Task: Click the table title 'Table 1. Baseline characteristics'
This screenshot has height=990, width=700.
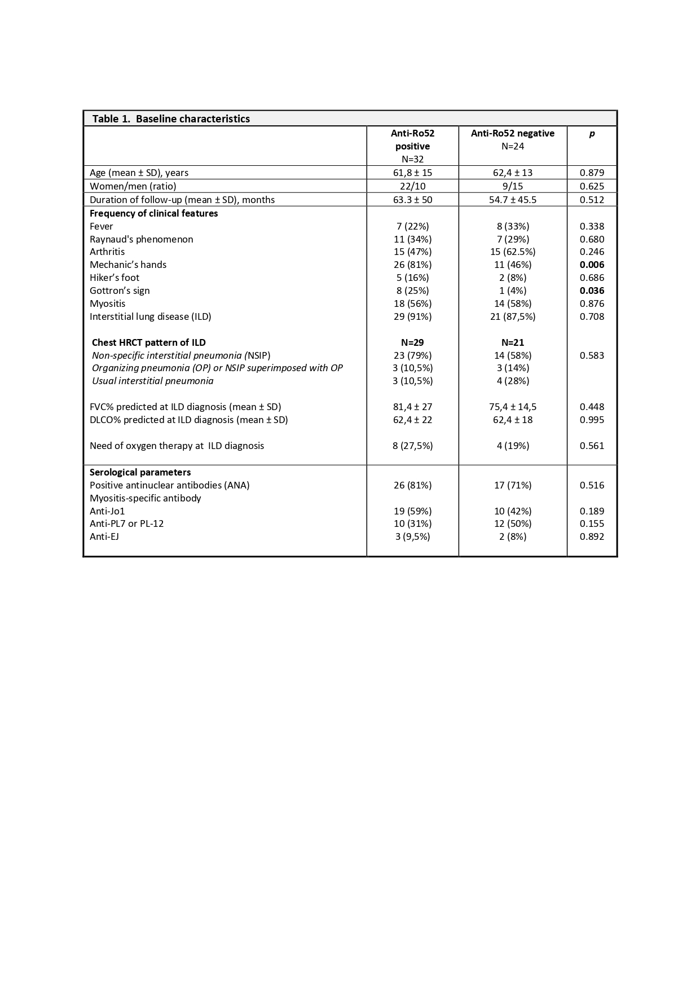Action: [171, 118]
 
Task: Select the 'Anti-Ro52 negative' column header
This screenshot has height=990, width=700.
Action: [512, 133]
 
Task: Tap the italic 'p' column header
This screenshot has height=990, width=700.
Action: [592, 134]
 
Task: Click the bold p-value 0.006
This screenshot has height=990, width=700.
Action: [592, 265]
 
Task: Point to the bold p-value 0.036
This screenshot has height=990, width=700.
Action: [592, 291]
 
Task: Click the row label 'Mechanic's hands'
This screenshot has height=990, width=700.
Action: [128, 265]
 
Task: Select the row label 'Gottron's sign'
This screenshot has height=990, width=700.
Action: [120, 291]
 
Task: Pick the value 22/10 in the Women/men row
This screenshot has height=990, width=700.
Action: [412, 186]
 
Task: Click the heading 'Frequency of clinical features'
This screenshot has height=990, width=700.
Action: [153, 213]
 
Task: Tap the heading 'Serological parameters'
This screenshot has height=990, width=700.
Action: [140, 472]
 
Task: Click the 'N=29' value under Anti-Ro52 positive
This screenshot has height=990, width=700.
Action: [412, 342]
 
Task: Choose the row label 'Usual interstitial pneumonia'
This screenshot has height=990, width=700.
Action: [153, 381]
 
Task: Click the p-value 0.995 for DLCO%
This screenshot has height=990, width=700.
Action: [592, 420]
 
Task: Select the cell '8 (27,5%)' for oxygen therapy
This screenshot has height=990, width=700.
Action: [412, 446]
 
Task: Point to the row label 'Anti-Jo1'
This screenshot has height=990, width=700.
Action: [107, 511]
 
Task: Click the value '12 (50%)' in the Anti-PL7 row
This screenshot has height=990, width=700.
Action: [512, 523]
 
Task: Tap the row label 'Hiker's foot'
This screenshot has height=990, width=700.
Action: [115, 278]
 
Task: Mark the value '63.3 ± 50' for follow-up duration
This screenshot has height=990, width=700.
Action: [412, 200]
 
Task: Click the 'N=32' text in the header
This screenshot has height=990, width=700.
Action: [412, 159]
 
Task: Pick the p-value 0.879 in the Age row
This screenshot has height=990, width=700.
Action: [592, 173]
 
